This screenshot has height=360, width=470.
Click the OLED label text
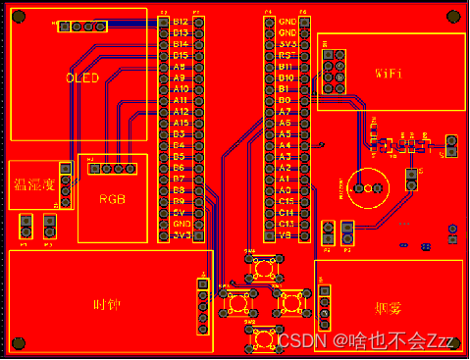[82, 77]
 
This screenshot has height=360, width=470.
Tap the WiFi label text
[389, 73]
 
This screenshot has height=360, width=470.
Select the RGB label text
[113, 198]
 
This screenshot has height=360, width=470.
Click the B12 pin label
[180, 22]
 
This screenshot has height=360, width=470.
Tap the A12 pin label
[180, 111]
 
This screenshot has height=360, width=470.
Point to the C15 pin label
[286, 200]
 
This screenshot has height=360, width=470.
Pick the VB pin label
[286, 234]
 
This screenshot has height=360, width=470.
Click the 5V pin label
[180, 212]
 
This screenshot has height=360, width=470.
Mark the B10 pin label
[286, 77]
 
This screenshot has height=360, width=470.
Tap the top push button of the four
[263, 267]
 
